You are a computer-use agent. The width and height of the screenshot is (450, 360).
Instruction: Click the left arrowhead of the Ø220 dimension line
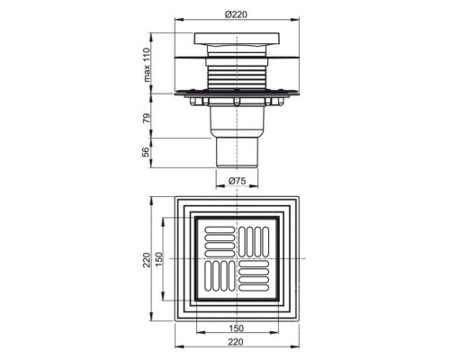tap(175, 20)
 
